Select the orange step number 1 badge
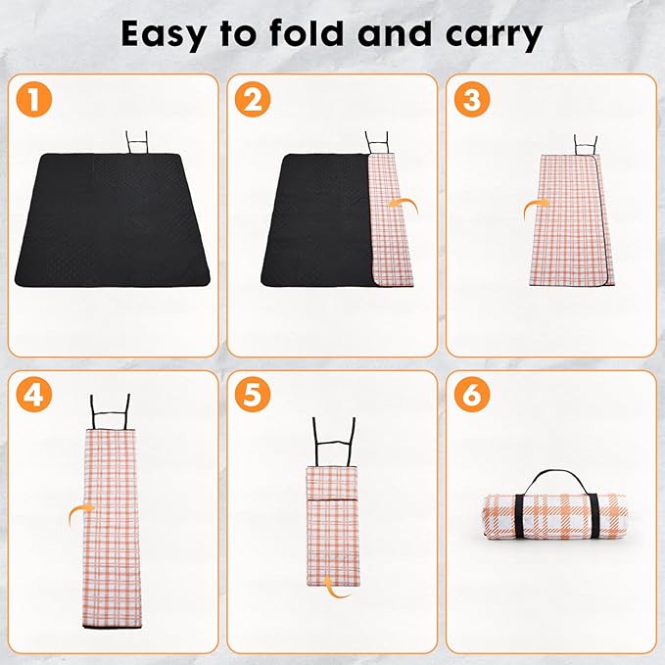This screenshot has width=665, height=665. pyautogui.click(x=36, y=100)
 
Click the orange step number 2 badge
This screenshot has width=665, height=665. pyautogui.click(x=257, y=100)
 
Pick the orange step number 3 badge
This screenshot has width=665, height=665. pyautogui.click(x=474, y=100)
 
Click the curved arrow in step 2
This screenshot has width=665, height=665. pyautogui.click(x=402, y=204)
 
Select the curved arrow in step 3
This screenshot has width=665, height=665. pyautogui.click(x=535, y=207)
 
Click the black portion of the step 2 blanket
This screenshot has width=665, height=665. pyautogui.click(x=315, y=220)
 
